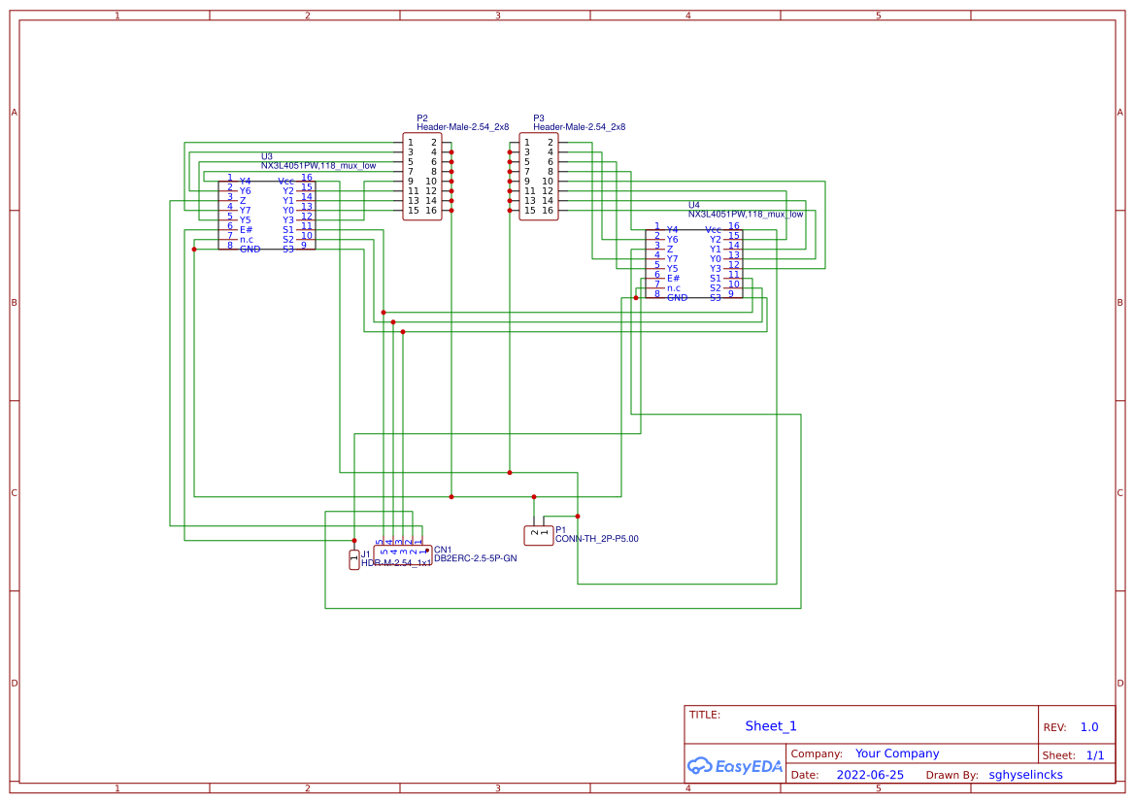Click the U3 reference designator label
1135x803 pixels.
pos(266,156)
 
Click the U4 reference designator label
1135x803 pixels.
pos(693,205)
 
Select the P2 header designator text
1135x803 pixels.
pos(421,117)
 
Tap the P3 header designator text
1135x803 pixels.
pos(538,117)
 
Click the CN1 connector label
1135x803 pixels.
pos(443,550)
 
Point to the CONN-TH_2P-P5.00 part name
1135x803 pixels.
pos(596,538)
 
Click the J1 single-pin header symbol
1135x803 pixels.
pos(354,559)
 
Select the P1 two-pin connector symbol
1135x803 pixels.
pos(539,534)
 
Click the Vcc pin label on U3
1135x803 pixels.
pos(285,181)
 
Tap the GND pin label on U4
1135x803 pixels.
pos(677,297)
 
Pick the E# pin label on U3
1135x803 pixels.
pos(246,229)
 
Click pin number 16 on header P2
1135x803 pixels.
pos(430,211)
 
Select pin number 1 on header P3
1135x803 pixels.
pos(527,143)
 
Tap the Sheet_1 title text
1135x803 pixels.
pos(771,726)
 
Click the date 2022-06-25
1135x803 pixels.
pos(870,775)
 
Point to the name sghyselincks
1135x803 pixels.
pos(1025,775)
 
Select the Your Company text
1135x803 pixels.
pos(897,753)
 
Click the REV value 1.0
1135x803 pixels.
pos(1088,727)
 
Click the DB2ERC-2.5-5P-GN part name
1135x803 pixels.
pos(475,558)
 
